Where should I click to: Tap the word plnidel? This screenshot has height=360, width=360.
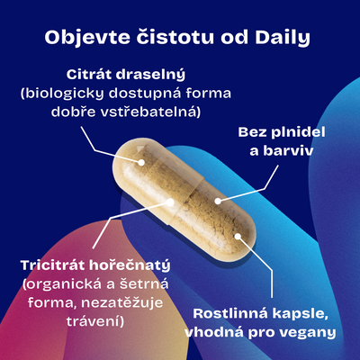pyautogui.click(x=298, y=132)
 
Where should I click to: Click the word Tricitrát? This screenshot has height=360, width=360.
pyautogui.click(x=53, y=265)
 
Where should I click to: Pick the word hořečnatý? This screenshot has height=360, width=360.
pyautogui.click(x=130, y=266)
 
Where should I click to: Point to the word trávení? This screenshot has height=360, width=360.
pyautogui.click(x=95, y=321)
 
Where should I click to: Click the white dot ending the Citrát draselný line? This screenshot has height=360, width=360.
pyautogui.click(x=140, y=162)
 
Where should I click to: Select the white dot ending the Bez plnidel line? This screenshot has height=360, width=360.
pyautogui.click(x=218, y=201)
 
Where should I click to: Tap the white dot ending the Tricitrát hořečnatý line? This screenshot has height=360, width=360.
pyautogui.click(x=170, y=202)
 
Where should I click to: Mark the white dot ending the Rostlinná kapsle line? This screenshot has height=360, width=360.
pyautogui.click(x=238, y=237)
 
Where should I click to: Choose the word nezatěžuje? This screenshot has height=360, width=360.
pyautogui.click(x=122, y=303)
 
